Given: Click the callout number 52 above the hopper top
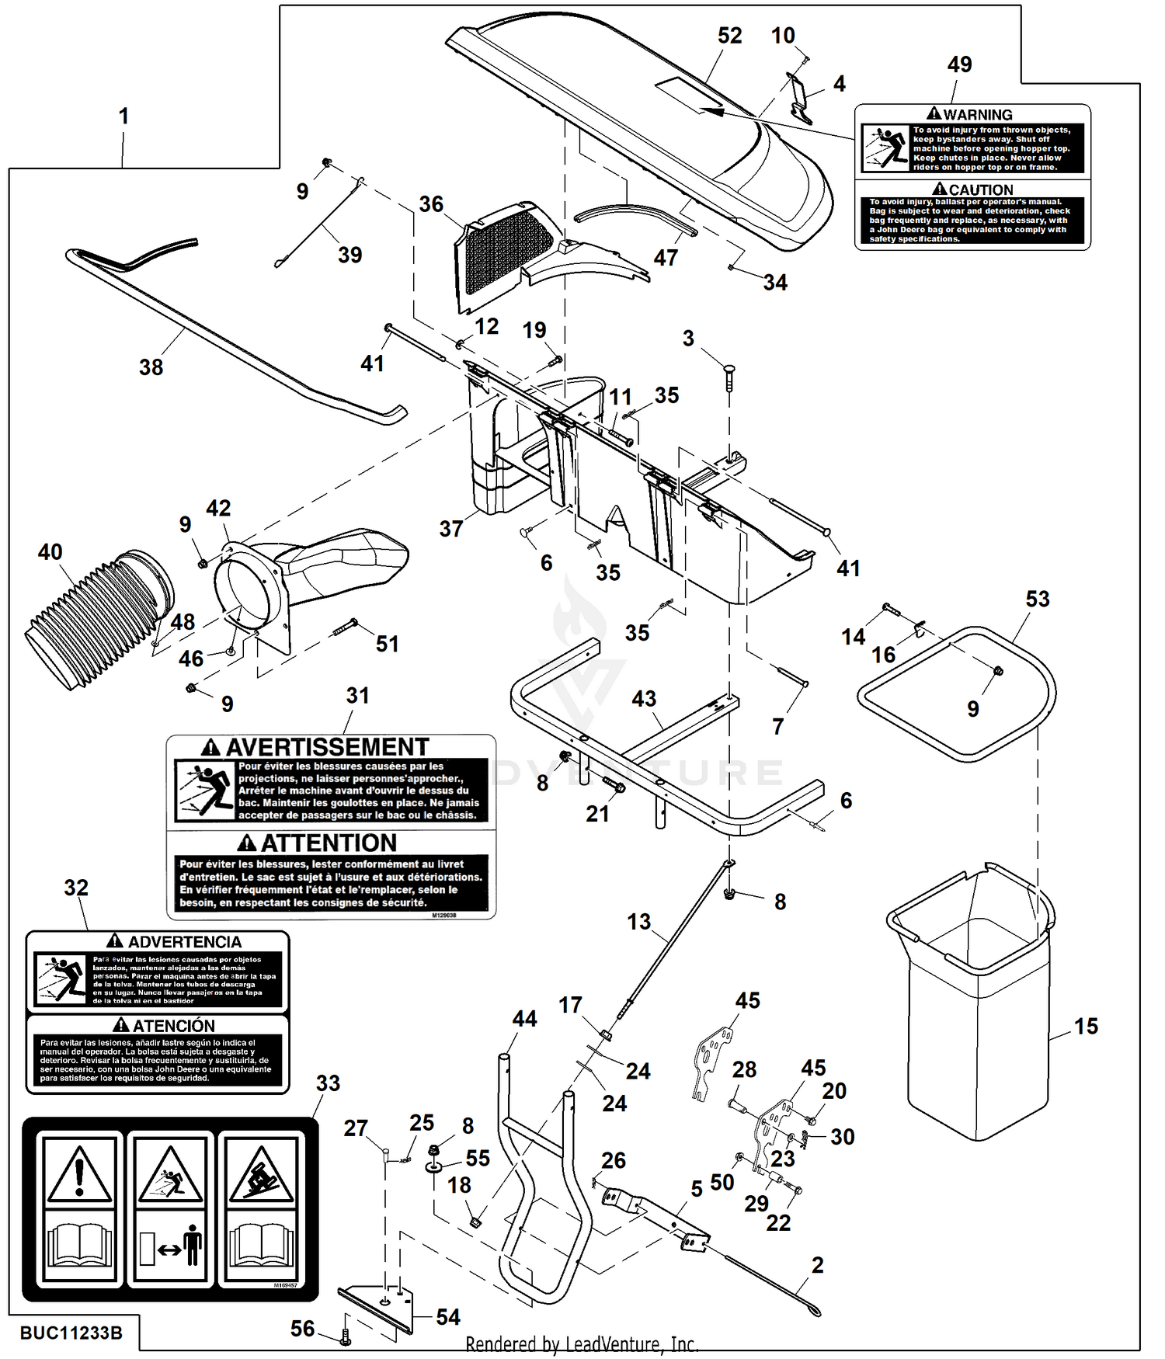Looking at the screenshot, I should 729,36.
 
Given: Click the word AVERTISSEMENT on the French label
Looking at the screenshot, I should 327,747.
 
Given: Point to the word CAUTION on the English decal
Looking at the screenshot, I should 981,189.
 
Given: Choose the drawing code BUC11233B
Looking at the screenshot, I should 71,1333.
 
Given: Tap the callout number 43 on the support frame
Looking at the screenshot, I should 644,699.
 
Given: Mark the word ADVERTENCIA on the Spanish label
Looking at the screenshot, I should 184,942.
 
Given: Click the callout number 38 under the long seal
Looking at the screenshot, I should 151,367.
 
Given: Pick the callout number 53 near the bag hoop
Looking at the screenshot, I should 1038,599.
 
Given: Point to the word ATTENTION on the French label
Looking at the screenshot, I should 329,843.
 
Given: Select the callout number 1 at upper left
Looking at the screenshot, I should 123,116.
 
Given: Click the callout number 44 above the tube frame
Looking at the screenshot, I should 525,1019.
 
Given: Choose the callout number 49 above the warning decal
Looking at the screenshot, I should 959,64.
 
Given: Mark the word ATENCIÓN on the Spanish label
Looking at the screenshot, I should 174,1026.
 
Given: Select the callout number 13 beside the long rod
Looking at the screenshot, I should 638,922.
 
